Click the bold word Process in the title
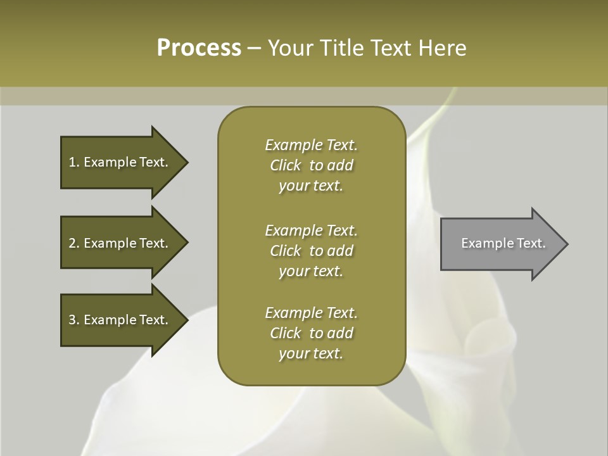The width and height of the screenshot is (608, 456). tap(199, 48)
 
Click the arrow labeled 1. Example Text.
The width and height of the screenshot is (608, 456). tap(120, 162)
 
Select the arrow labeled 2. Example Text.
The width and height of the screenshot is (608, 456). tap(120, 243)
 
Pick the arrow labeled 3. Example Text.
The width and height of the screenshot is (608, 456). tap(120, 320)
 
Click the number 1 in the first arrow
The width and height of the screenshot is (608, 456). tap(72, 162)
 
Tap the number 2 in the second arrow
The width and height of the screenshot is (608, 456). tap(72, 243)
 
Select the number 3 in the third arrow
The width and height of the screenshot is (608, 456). tap(72, 320)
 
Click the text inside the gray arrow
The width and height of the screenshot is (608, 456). tap(503, 243)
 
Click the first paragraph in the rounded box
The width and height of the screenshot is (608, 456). tap(311, 165)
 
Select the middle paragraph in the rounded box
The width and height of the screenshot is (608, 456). tap(311, 251)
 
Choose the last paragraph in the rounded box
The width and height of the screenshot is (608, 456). tap(311, 333)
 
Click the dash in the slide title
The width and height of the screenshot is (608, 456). tap(254, 49)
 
